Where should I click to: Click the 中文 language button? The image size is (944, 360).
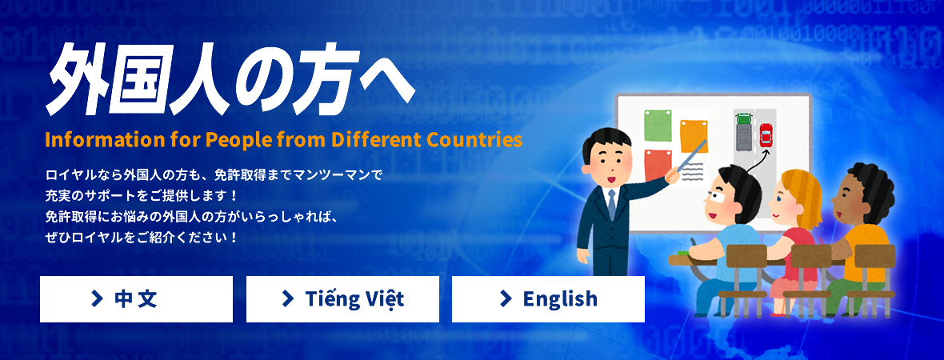tap(136, 299)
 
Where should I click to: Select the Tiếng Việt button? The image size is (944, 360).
tap(342, 299)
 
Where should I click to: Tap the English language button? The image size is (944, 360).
tap(549, 299)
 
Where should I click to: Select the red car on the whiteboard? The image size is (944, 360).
tap(766, 135)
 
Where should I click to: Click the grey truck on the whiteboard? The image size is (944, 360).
tap(743, 131)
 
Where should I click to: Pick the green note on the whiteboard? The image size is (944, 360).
tap(658, 125)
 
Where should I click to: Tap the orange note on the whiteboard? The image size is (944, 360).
tap(694, 137)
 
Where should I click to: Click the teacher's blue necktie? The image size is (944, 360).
tap(612, 204)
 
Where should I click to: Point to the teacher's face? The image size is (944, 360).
tap(608, 162)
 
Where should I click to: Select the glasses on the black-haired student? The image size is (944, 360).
tap(715, 197)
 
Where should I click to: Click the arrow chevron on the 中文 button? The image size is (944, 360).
tap(97, 298)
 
